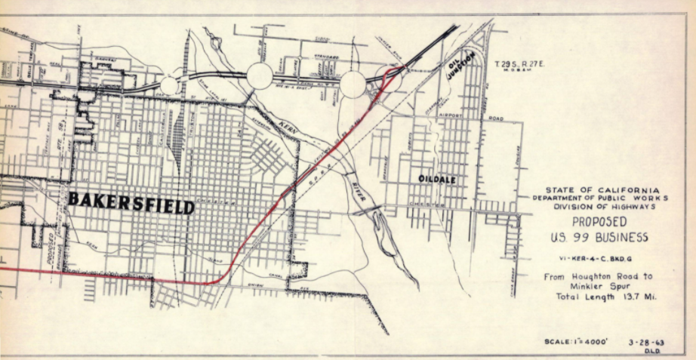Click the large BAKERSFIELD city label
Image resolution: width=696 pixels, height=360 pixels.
point(131,202)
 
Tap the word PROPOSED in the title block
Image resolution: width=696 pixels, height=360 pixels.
point(599,222)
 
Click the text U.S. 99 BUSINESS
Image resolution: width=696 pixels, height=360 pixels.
point(599,238)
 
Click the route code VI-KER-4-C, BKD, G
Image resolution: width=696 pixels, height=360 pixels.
point(599,258)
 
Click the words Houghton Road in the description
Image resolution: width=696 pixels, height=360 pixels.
point(605,276)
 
